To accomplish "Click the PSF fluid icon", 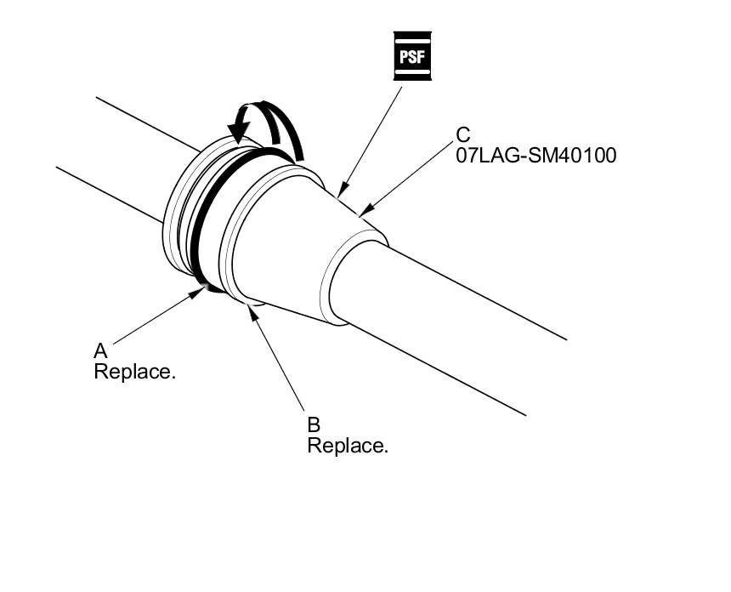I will (412, 56).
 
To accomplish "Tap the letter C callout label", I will (463, 134).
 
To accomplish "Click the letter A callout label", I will (100, 350).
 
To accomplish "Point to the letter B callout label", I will (313, 424).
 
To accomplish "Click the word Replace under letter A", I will (134, 373).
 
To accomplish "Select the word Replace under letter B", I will (347, 446).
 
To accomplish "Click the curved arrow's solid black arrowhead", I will (239, 129).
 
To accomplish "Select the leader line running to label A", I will (157, 317).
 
